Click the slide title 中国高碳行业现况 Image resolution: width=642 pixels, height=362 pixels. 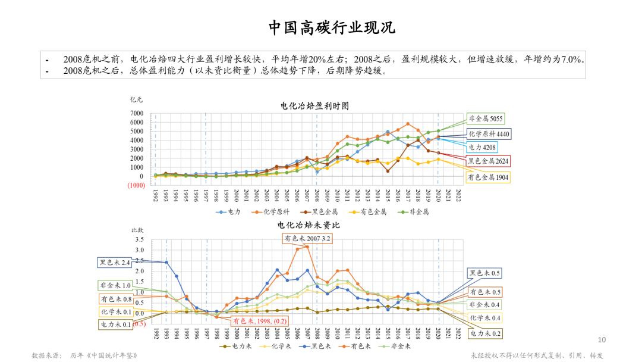pos(331,27)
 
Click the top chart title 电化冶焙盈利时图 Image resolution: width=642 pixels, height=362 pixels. pos(314,105)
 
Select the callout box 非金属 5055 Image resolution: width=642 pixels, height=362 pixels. pos(486,118)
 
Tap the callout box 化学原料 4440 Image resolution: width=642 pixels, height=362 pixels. pos(487,133)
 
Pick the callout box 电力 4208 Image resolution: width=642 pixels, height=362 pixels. pos(481,147)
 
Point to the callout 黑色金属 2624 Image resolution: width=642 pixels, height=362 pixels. pos(488,161)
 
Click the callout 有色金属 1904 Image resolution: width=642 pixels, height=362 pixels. pos(488,177)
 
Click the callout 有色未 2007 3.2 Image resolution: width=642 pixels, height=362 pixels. pos(307,238)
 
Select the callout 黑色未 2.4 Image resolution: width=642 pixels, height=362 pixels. pos(115,262)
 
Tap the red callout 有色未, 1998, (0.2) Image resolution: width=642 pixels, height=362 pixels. pos(257,320)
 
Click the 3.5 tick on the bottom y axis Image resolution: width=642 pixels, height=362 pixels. pos(140,239)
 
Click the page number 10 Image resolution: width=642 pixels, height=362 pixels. pos(602,340)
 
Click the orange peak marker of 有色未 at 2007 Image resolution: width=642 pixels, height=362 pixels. pos(307,246)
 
